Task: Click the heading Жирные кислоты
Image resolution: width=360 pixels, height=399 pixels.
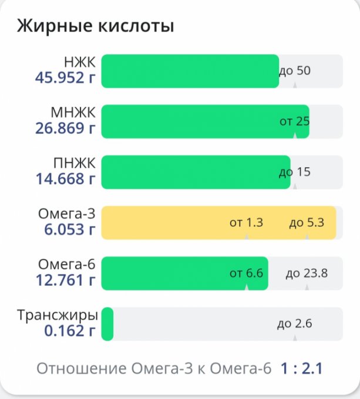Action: pos(95,27)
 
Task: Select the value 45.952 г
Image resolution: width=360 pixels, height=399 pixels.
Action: pos(65,78)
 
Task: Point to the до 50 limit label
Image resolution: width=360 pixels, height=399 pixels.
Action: pos(294,71)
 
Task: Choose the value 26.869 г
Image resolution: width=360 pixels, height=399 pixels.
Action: pos(65,129)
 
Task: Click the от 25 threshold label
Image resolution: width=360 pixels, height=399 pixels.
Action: pos(294,121)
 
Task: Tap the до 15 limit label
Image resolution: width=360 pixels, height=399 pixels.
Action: pos(294,172)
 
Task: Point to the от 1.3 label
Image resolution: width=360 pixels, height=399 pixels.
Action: pos(246,223)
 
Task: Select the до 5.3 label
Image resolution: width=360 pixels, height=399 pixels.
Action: pos(307,223)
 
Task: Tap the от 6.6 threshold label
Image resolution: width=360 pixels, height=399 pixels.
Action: pos(246,273)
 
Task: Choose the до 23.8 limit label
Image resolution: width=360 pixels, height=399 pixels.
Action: pos(307,273)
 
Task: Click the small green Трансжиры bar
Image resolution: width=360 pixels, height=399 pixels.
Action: pos(107,324)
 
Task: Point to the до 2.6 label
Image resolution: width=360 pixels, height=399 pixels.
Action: pos(294,324)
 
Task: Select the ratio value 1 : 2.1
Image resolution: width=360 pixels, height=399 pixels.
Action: pos(301,369)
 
